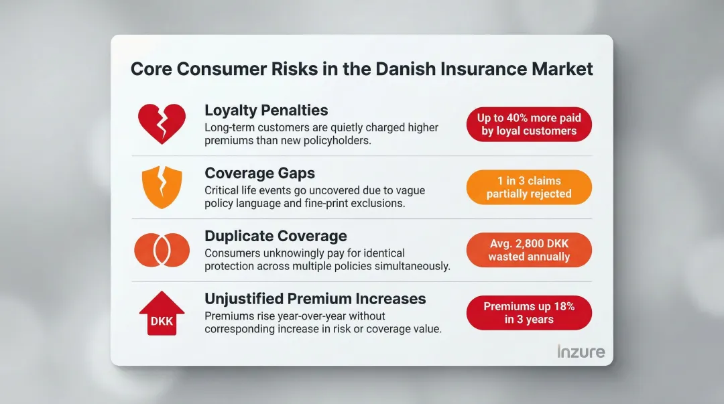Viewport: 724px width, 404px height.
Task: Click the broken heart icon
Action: [162, 123]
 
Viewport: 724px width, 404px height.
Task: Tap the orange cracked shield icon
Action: [162, 187]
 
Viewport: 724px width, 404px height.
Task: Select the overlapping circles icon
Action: [162, 249]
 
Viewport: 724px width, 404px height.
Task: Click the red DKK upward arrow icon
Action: [162, 312]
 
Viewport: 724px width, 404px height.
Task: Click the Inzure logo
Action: [581, 351]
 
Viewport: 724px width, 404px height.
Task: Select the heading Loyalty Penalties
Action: [267, 111]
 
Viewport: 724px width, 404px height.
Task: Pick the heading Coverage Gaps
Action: [259, 174]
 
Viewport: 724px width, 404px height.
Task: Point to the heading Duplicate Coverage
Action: [276, 236]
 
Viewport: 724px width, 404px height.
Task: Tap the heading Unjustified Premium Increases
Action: [315, 299]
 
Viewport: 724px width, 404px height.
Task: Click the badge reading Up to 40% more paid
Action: [529, 124]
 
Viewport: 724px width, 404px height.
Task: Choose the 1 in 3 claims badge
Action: [529, 187]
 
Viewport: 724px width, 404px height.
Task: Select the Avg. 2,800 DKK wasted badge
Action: [529, 250]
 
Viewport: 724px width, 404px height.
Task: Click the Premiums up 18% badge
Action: [529, 312]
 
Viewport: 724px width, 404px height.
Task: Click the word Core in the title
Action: [152, 69]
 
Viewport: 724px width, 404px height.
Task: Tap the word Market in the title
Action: [561, 69]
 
